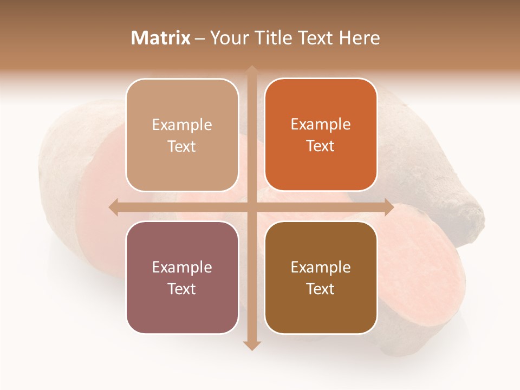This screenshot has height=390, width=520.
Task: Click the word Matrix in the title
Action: [161, 38]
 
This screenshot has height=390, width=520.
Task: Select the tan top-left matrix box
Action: [182, 135]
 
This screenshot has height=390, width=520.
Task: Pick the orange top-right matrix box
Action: [321, 135]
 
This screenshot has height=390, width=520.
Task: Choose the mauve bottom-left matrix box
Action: [182, 277]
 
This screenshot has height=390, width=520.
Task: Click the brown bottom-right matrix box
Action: [321, 277]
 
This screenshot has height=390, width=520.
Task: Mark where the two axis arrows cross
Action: [252, 207]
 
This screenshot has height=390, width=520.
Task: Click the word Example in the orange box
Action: [321, 125]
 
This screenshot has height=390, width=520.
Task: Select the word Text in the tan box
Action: [182, 147]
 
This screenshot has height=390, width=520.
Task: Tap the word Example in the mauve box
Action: [182, 267]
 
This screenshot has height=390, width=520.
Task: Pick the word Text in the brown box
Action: [321, 289]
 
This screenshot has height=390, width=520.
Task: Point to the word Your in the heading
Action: [227, 38]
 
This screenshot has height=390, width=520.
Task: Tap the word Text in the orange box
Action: [321, 146]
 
